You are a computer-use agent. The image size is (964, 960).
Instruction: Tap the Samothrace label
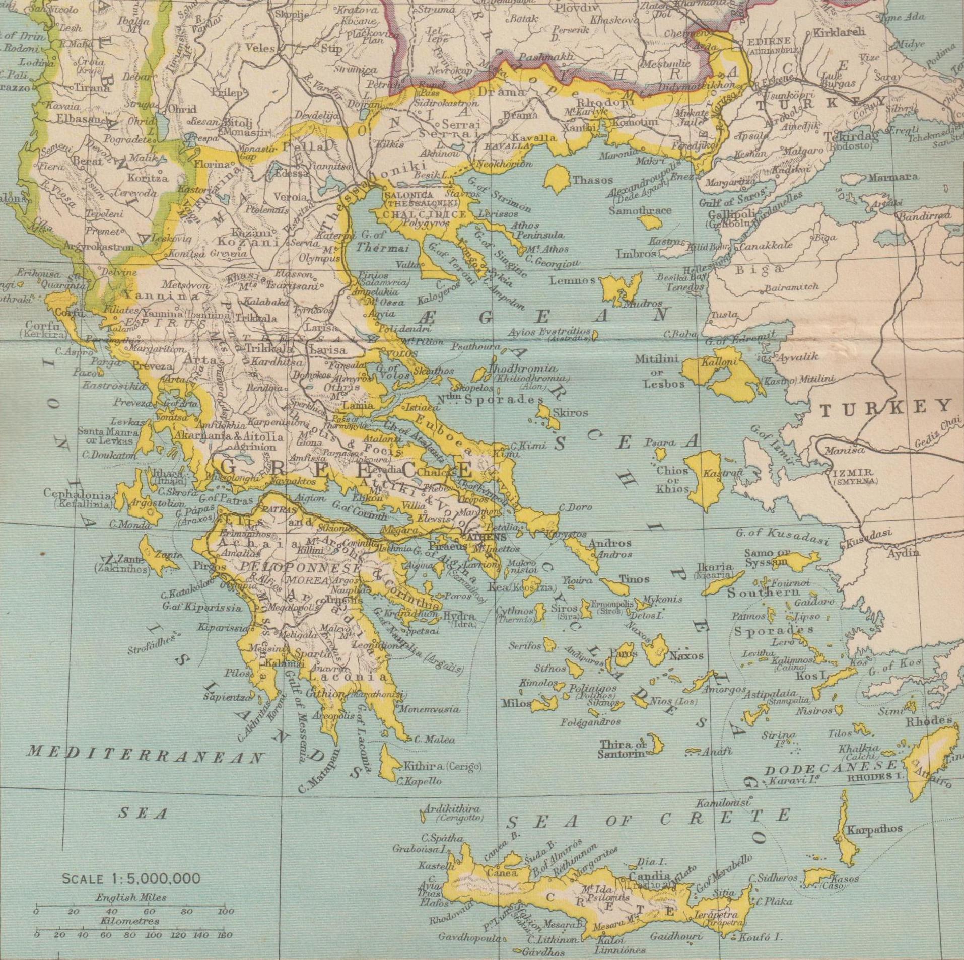(x=640, y=210)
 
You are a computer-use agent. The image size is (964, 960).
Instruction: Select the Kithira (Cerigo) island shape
(x=388, y=763)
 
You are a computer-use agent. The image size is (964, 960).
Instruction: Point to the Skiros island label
(x=570, y=412)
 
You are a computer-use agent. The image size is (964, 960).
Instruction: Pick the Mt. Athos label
(x=547, y=249)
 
